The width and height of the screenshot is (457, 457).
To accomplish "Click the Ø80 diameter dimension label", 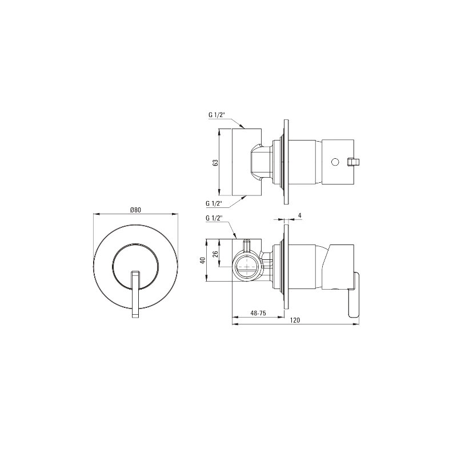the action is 135,210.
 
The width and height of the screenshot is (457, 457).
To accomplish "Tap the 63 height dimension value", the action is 215,163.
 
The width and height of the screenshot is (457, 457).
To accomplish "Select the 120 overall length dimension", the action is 295,320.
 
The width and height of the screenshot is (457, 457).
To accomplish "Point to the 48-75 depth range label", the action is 258,313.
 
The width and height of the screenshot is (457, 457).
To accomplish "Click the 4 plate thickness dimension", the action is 300,215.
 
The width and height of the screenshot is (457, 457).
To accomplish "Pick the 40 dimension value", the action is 203,260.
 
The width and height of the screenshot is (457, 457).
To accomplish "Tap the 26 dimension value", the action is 216,253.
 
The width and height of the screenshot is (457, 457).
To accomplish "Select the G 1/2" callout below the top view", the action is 214,204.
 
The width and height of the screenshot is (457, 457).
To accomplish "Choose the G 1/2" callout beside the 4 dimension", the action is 214,218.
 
